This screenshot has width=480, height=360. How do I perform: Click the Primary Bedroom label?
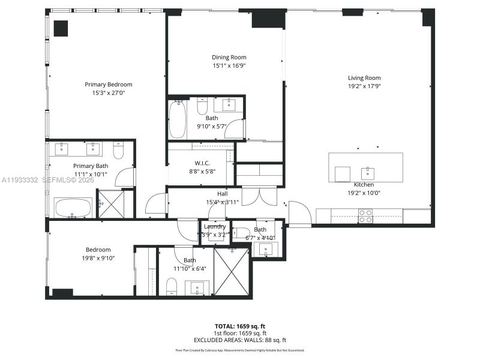(x=108, y=85)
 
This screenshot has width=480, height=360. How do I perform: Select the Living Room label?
(x=364, y=78)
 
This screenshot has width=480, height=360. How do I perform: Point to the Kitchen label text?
(x=364, y=185)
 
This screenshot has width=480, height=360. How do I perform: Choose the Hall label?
(x=222, y=194)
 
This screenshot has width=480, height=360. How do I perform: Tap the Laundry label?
(x=214, y=226)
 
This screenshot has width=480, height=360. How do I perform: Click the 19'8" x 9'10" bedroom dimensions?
(x=98, y=258)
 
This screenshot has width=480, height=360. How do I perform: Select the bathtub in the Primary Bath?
(x=73, y=208)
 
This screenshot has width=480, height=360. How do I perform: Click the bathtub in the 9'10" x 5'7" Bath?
(x=178, y=119)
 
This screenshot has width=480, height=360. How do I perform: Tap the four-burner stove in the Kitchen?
(x=365, y=216)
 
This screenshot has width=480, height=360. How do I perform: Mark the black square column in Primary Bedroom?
(x=61, y=28)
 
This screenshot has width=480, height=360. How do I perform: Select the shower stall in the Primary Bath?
(x=111, y=204)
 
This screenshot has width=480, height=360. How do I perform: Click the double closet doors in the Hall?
(x=259, y=196)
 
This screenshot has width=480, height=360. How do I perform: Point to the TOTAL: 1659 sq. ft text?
(x=239, y=326)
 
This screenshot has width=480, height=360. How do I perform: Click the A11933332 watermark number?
(x=19, y=179)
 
